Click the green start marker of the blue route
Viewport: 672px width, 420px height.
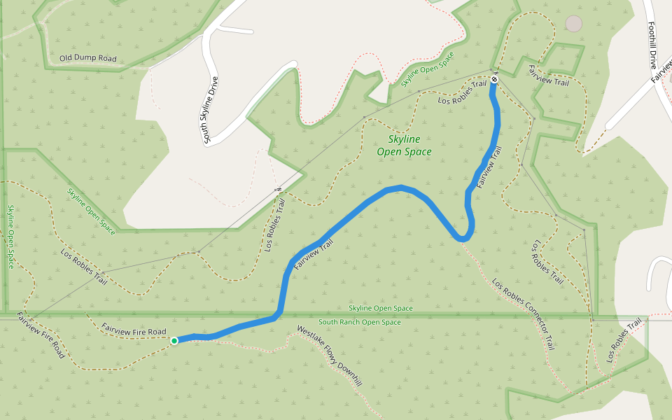pos(174,340)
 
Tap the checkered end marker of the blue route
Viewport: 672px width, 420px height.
pos(494,79)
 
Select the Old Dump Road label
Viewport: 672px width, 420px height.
pos(88,59)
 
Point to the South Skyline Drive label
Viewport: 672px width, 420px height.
pos(211,110)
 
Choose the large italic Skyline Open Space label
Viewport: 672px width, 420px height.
pos(404,146)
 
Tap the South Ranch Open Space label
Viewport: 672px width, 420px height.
pos(360,323)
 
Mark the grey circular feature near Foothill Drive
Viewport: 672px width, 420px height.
pos(573,23)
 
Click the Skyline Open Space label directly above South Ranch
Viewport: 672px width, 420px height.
pos(381,309)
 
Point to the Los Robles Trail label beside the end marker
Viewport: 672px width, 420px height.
pos(462,92)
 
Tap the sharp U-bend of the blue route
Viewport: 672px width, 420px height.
pos(462,239)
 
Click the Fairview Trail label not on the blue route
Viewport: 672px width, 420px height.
pos(549,76)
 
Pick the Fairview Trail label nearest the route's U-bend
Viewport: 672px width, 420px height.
pos(490,167)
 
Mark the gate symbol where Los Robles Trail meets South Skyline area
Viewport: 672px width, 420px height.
pos(279,188)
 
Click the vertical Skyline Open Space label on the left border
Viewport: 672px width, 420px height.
pos(10,237)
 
